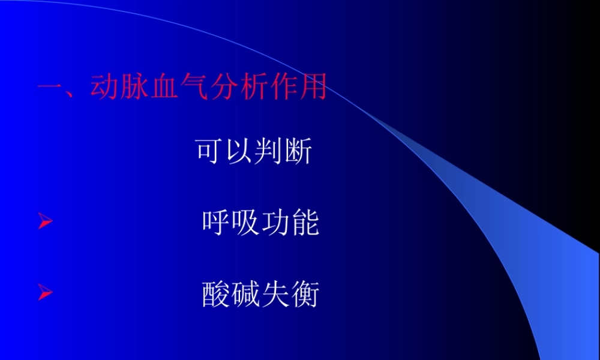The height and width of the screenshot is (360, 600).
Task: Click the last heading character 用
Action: coord(313,88)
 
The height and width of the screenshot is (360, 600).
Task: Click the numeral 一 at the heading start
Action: coord(51,88)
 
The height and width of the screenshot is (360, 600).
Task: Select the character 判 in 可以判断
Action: coord(268,152)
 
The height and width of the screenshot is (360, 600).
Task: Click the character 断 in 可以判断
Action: coord(298,152)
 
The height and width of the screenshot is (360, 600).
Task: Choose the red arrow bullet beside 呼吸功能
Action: coord(46,223)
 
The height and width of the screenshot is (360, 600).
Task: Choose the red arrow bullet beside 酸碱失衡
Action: coord(46,293)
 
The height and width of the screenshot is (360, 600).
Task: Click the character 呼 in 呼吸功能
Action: coord(215,223)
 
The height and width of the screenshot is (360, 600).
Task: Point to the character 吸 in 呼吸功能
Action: coord(245,223)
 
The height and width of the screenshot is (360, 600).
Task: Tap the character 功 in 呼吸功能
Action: coord(275,223)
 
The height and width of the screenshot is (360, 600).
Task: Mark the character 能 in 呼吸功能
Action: coord(305,223)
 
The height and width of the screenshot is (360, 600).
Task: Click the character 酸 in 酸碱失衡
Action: coord(215,294)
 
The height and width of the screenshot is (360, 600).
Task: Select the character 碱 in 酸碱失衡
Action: coord(245,294)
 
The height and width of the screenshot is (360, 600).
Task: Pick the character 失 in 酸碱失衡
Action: coord(275,294)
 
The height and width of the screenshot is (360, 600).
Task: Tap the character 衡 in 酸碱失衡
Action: coord(305,294)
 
